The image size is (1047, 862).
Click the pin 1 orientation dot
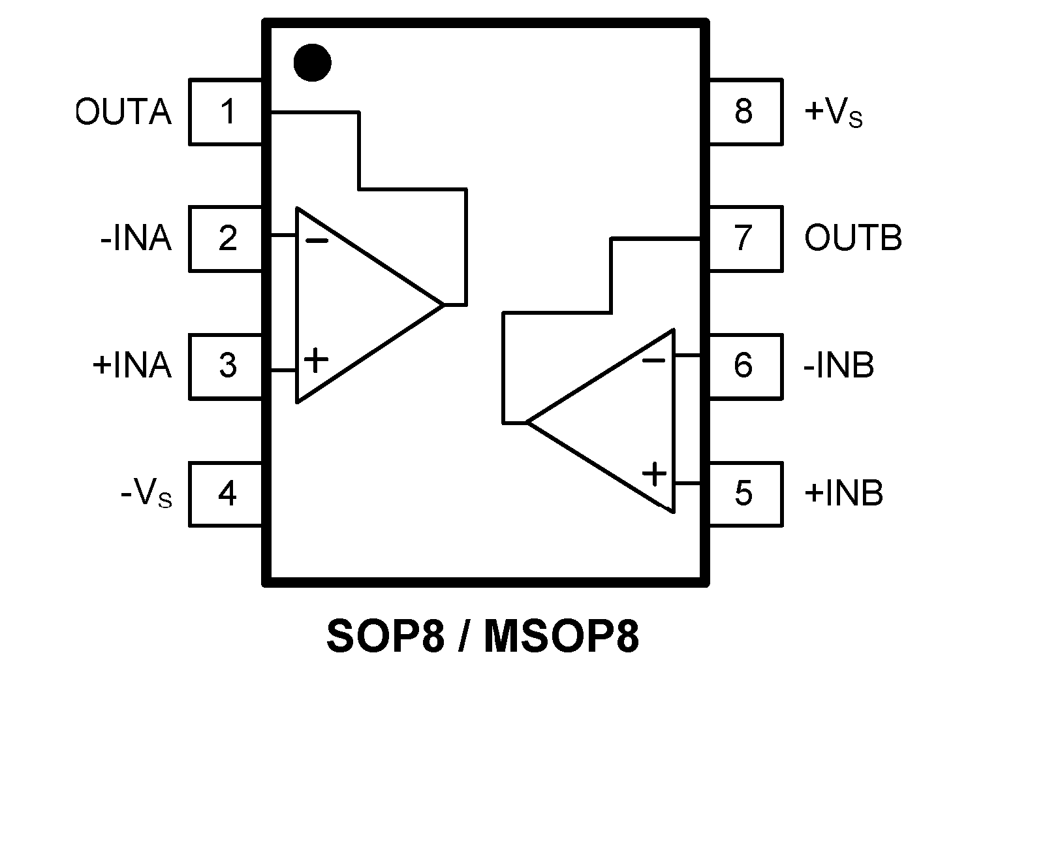(312, 63)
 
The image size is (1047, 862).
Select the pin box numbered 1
(226, 112)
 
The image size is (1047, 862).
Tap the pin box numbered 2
(226, 239)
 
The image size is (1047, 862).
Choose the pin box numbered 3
(226, 366)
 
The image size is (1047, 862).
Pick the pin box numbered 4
(226, 494)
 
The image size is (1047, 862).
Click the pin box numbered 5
(745, 494)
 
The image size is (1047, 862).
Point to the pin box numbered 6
(745, 366)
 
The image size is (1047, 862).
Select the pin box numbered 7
(745, 239)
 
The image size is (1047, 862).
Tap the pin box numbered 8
(745, 112)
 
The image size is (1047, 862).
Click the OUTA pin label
(124, 112)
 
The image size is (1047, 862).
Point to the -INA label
(136, 239)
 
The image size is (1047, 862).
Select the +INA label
(132, 366)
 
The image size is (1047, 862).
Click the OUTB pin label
(853, 238)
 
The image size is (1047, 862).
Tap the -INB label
(839, 366)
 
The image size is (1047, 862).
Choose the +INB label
(843, 493)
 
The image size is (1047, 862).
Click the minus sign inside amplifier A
(317, 241)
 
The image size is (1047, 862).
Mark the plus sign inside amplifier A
(316, 360)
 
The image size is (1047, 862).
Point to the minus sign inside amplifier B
(653, 360)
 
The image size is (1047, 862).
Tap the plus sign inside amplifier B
(654, 473)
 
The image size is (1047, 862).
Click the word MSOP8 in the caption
(561, 637)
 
